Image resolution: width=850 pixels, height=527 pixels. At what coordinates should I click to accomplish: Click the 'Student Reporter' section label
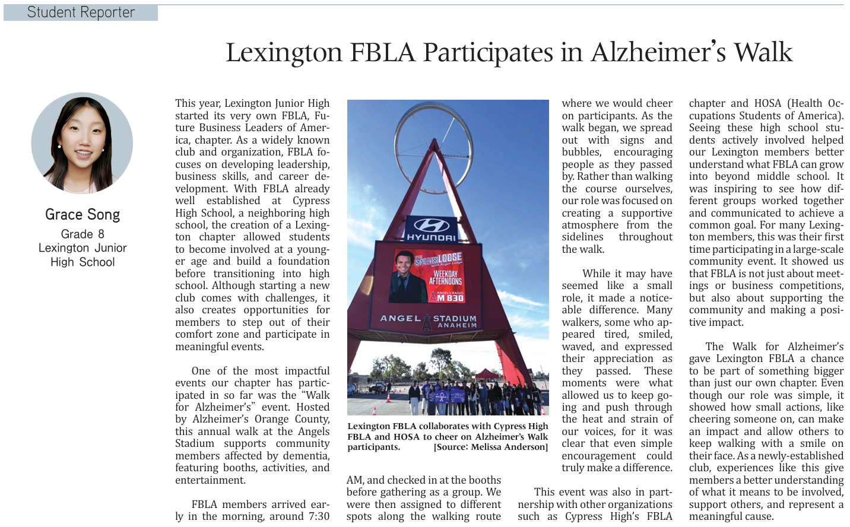(x=81, y=12)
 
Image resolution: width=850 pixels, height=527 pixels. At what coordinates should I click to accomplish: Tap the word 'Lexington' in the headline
(x=284, y=52)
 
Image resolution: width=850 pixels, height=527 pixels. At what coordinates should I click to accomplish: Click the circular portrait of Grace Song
(x=82, y=143)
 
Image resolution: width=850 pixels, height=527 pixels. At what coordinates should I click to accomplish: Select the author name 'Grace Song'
(x=83, y=214)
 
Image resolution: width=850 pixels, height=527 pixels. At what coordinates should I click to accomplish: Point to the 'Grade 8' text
(x=83, y=234)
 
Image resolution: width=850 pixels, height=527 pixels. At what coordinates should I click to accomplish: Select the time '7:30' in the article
(x=319, y=516)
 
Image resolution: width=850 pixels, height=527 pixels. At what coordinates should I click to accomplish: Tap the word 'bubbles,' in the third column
(x=581, y=152)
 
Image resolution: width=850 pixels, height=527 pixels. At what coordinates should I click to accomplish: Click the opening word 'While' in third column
(x=597, y=274)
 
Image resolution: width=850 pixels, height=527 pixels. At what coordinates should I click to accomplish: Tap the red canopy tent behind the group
(x=487, y=374)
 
